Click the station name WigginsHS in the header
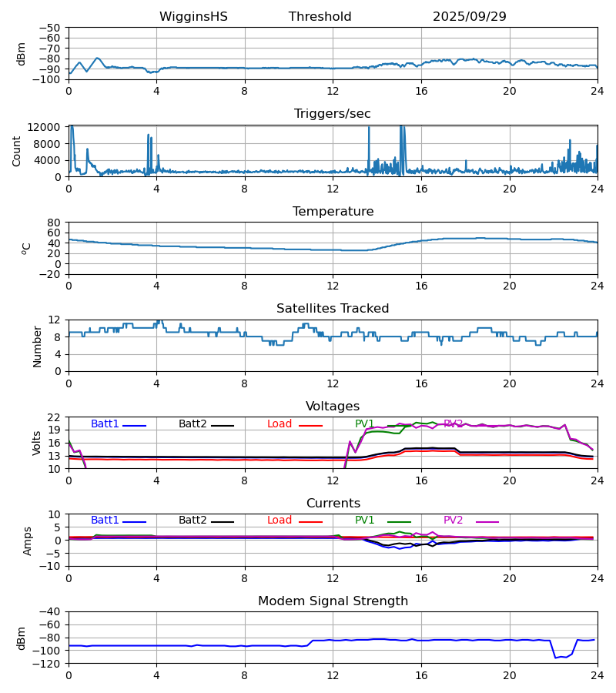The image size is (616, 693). pyautogui.click(x=193, y=17)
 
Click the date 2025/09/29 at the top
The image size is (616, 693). pyautogui.click(x=469, y=17)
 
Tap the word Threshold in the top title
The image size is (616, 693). pyautogui.click(x=320, y=17)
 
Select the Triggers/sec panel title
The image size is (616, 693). pyautogui.click(x=332, y=114)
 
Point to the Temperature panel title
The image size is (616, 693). pyautogui.click(x=333, y=212)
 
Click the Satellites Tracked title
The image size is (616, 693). pyautogui.click(x=333, y=309)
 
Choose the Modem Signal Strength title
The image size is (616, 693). pyautogui.click(x=333, y=601)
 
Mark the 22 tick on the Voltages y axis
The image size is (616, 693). pyautogui.click(x=55, y=417)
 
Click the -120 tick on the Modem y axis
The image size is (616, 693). pyautogui.click(x=46, y=664)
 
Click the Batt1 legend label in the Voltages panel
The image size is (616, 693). pyautogui.click(x=105, y=424)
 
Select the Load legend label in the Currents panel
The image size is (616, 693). pyautogui.click(x=280, y=521)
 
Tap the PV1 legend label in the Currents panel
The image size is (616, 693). pyautogui.click(x=364, y=521)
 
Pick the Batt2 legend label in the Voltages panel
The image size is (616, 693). pyautogui.click(x=192, y=424)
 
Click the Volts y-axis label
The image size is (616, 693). pyautogui.click(x=37, y=443)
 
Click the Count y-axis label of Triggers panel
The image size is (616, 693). pyautogui.click(x=17, y=151)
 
